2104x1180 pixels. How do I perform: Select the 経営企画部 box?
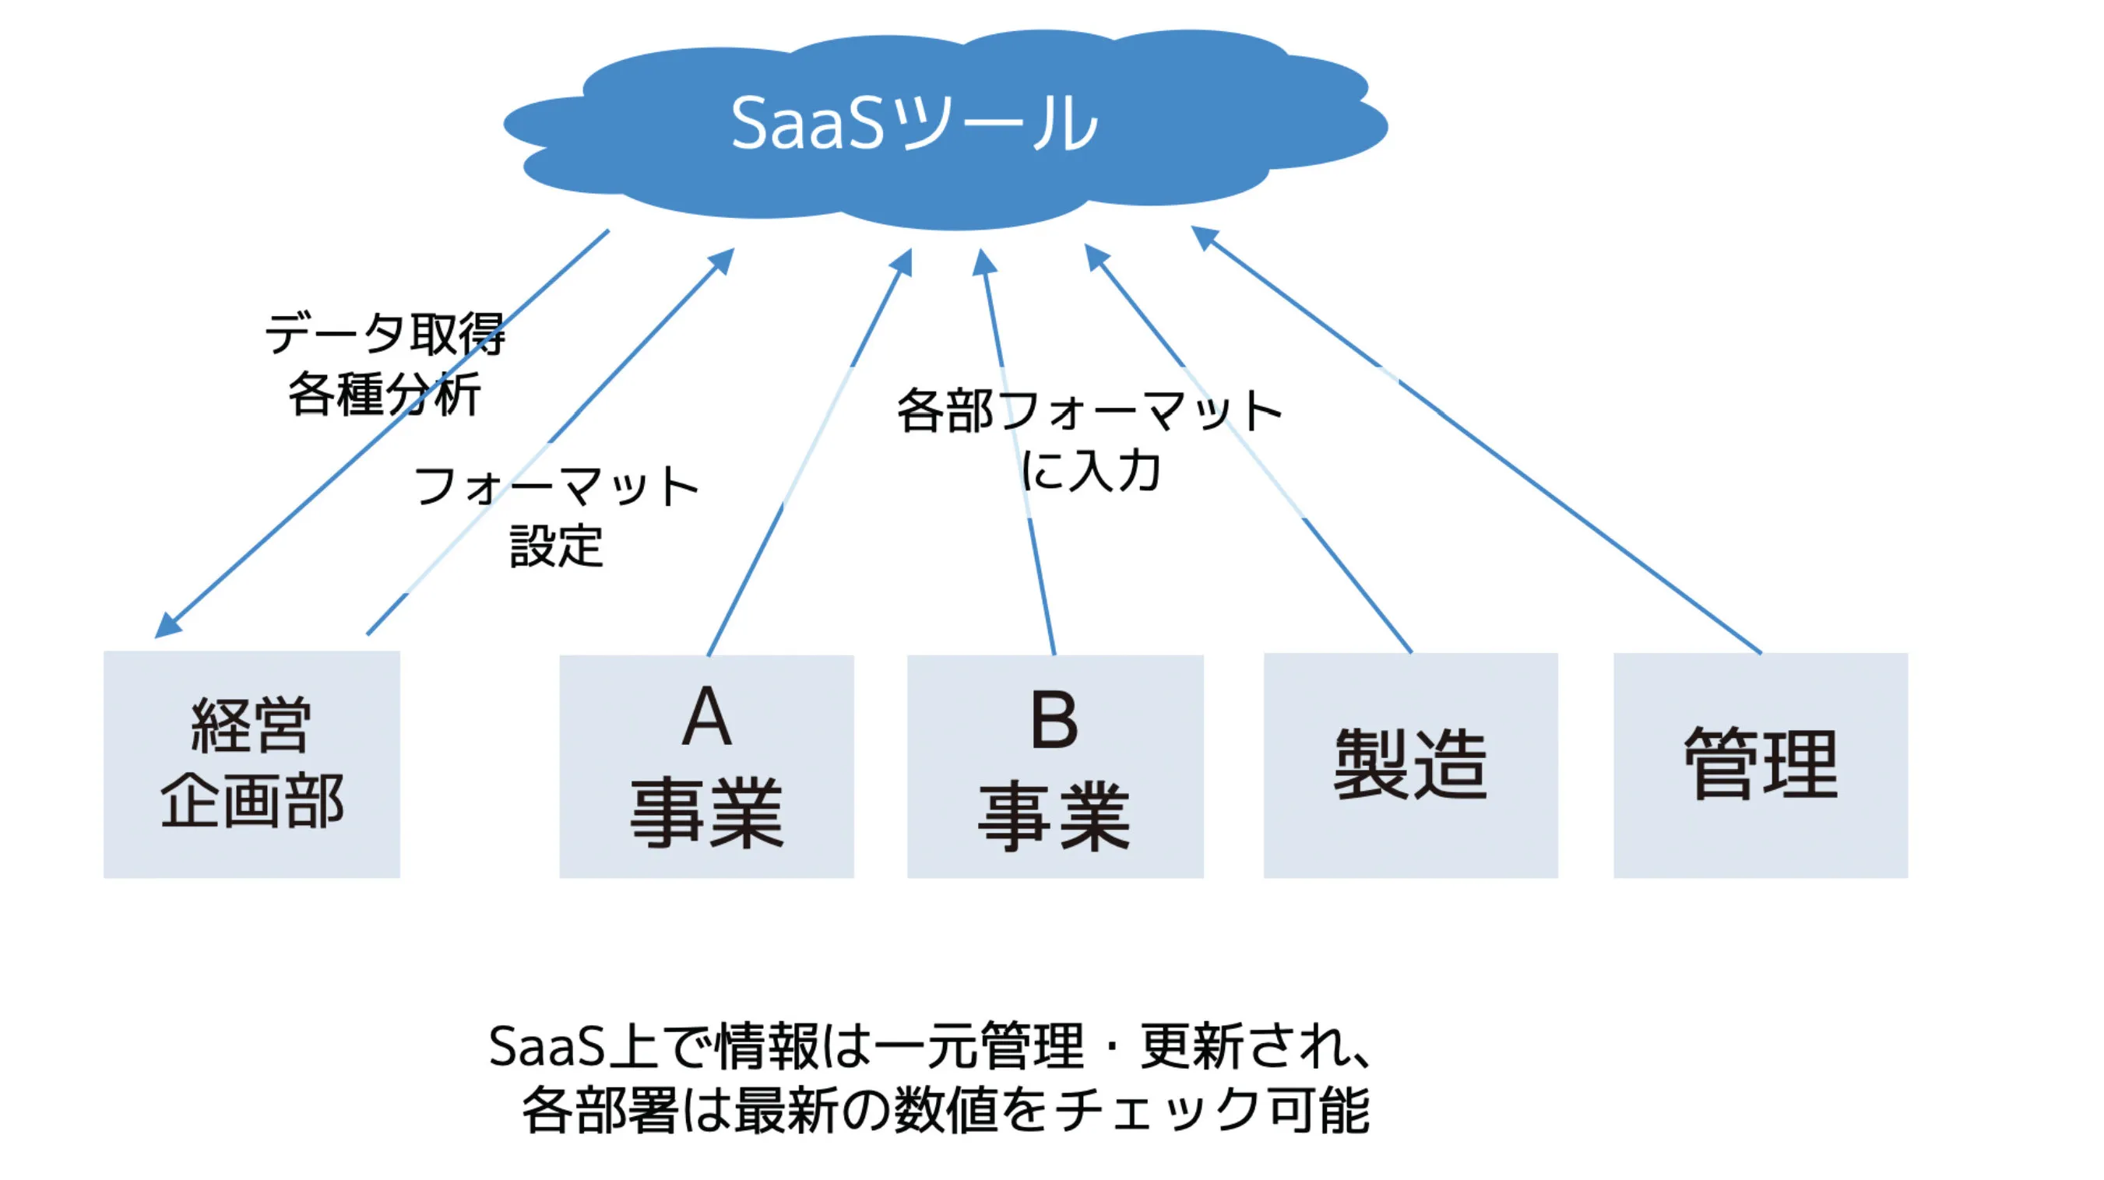(x=252, y=764)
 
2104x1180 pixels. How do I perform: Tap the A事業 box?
(x=706, y=766)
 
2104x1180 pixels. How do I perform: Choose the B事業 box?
(x=1055, y=766)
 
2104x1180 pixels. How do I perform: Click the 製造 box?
(x=1410, y=765)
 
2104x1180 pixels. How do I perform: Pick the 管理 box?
(x=1761, y=765)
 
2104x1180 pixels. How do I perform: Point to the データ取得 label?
(x=385, y=333)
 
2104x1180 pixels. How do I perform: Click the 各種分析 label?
(x=385, y=394)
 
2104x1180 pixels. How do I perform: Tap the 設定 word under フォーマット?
(x=557, y=546)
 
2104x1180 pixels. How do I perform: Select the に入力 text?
(x=1091, y=470)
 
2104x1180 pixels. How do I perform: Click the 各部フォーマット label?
(x=1089, y=410)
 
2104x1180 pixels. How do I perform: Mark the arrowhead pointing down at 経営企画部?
(x=167, y=626)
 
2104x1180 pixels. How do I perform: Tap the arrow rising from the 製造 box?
(x=1248, y=448)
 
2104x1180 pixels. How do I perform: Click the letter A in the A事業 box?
(x=707, y=716)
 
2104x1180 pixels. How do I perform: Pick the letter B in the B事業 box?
(x=1054, y=719)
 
